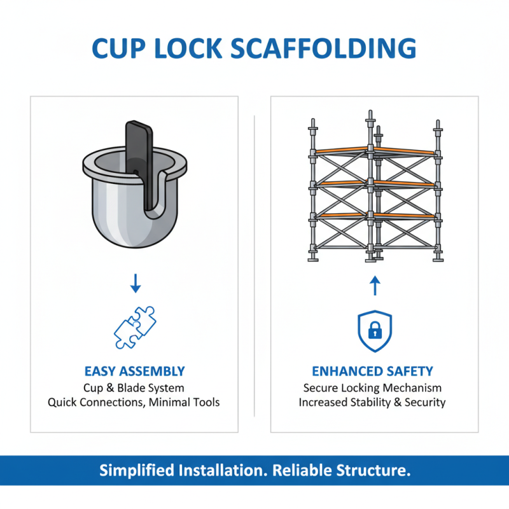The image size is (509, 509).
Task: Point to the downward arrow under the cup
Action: tap(135, 284)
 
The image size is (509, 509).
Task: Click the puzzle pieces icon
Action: tap(135, 327)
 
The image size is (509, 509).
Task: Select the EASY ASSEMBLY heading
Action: tap(134, 371)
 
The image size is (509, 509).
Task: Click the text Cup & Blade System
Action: tap(134, 387)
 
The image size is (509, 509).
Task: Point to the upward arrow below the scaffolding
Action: tap(374, 285)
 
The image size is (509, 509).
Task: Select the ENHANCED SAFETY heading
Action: tap(372, 371)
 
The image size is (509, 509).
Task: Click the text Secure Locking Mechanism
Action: tap(372, 387)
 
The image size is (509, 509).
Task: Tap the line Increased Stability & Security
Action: tap(372, 402)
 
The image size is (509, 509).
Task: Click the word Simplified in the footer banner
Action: tap(136, 471)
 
